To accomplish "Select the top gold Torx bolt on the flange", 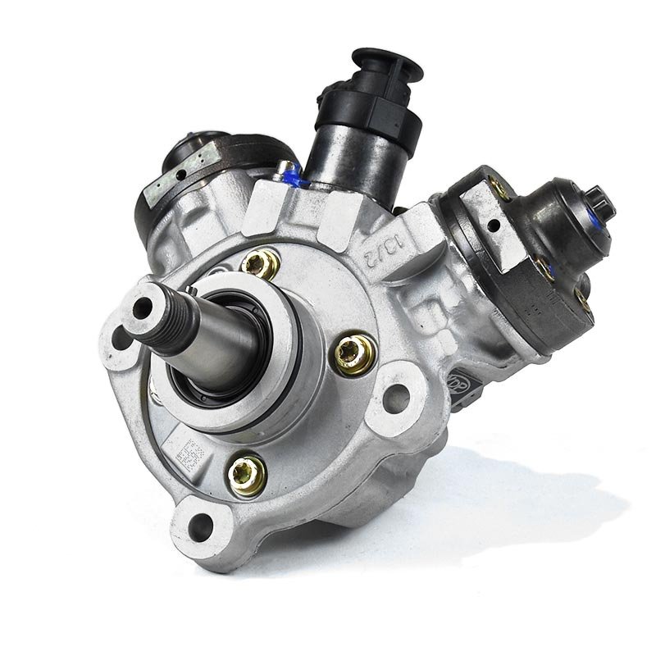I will (x=262, y=264).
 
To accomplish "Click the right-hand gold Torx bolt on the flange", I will (x=355, y=351).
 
